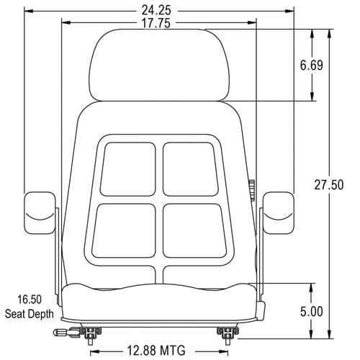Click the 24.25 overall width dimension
point(156,10)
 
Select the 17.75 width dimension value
point(156,23)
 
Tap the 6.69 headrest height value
point(312,66)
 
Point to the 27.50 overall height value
point(329,185)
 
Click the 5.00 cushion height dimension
point(312,312)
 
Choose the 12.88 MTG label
point(156,351)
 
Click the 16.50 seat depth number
point(30,300)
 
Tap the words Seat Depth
point(30,314)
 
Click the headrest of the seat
point(159,66)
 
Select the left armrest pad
point(40,213)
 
